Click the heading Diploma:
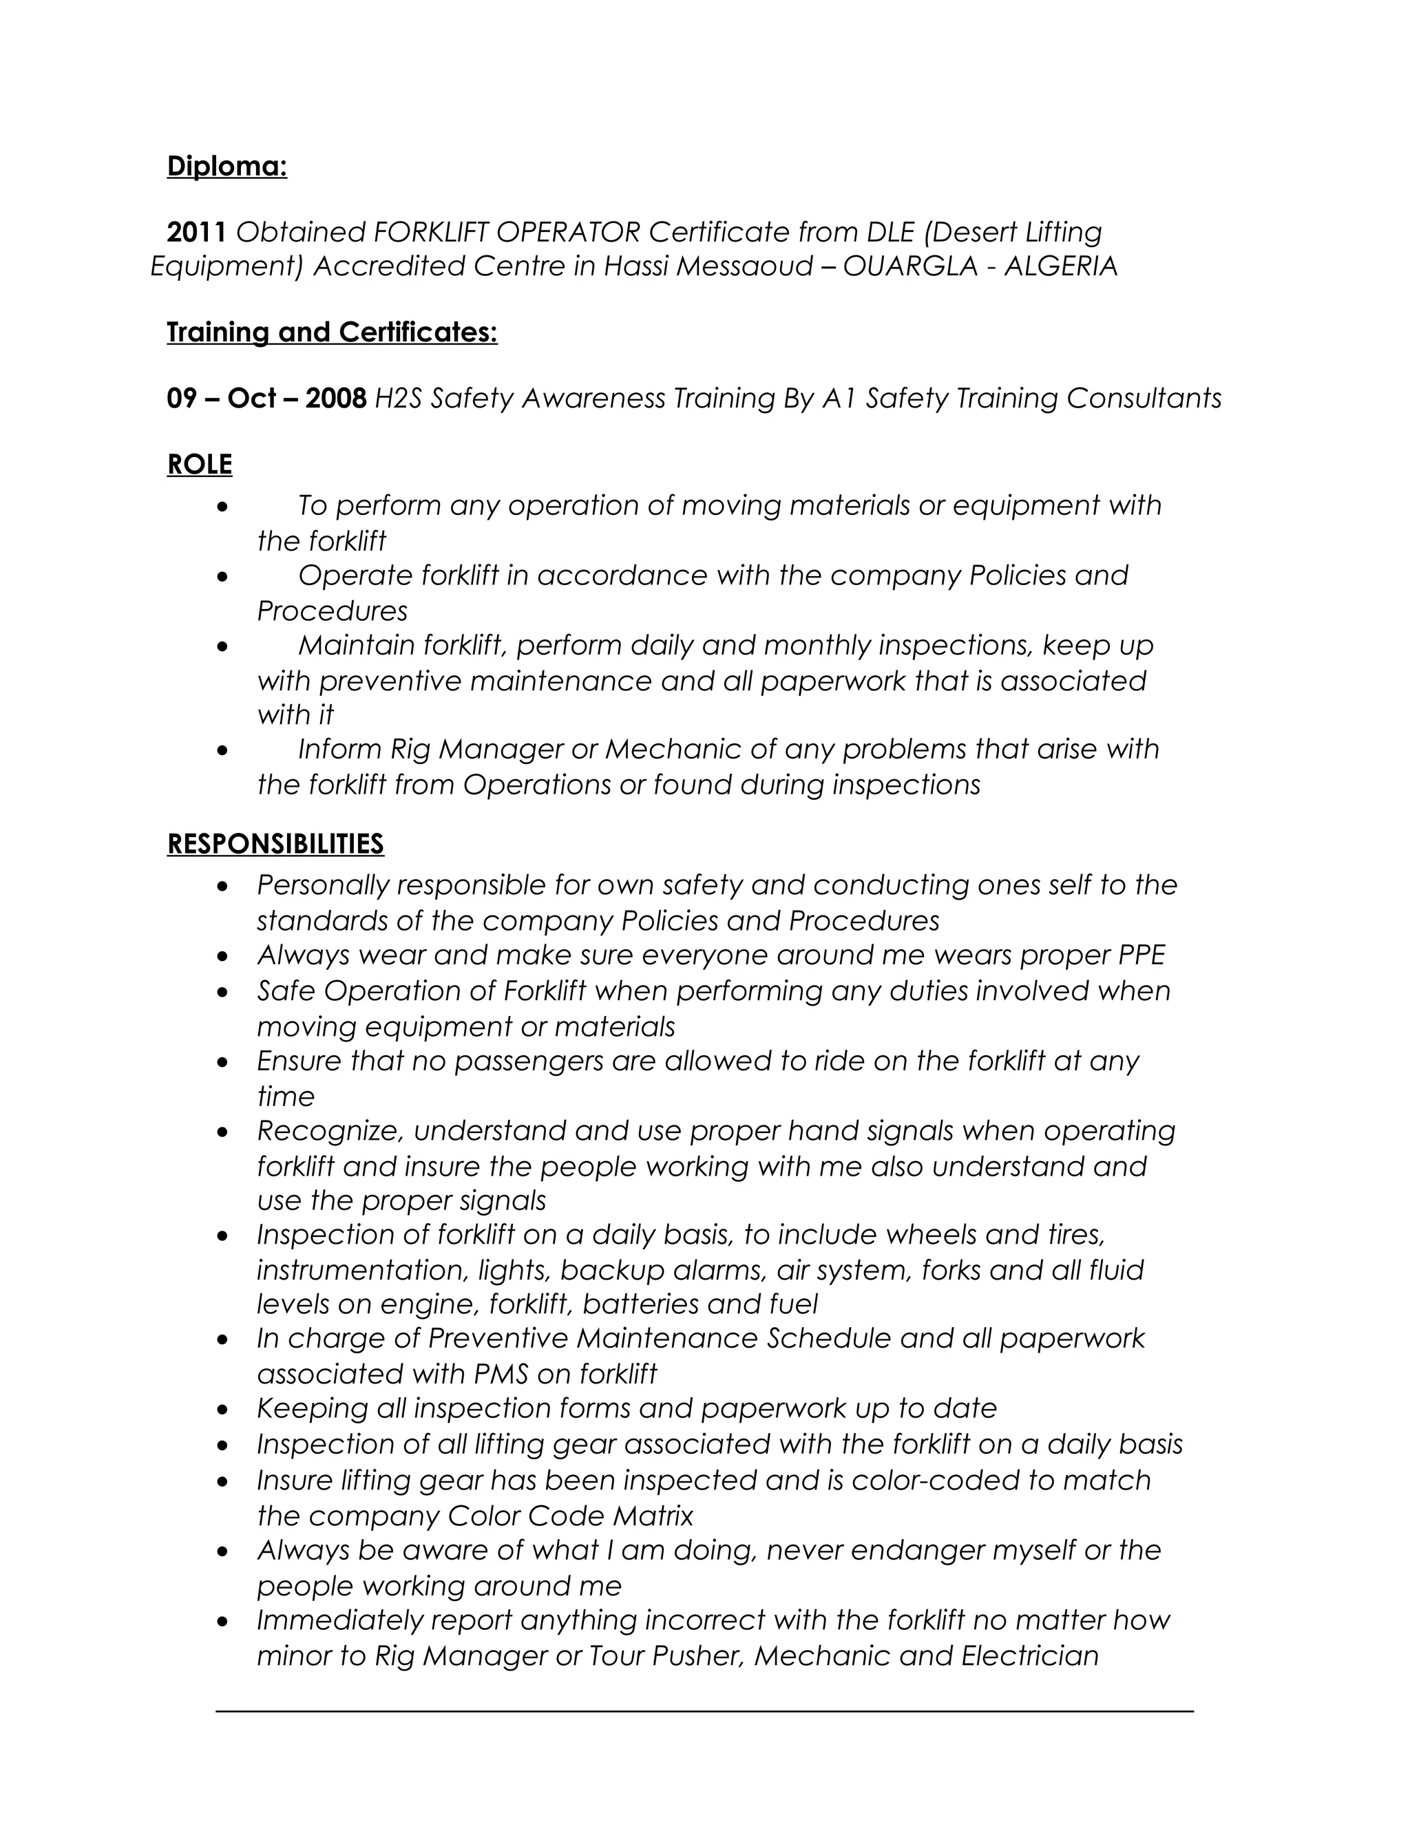tap(227, 166)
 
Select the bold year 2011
tap(196, 231)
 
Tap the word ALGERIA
tap(1060, 266)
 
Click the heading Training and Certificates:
tap(332, 332)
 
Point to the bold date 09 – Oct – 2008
tap(266, 399)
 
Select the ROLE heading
tap(200, 465)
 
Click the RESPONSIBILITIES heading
tap(275, 844)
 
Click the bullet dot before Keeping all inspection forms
tap(222, 1410)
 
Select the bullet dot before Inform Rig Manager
tap(222, 751)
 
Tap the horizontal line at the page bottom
tap(704, 1712)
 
